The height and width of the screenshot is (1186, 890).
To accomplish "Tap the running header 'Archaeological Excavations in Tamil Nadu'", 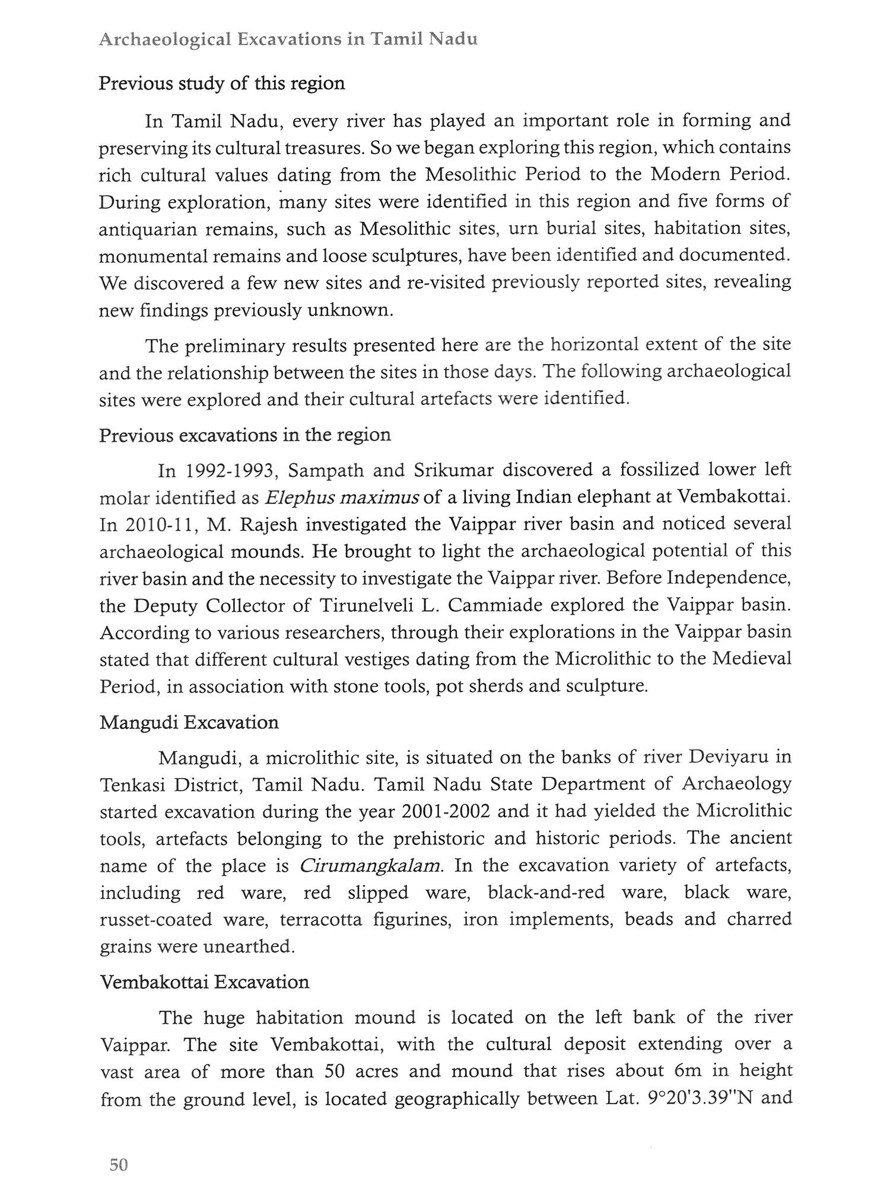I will point(288,40).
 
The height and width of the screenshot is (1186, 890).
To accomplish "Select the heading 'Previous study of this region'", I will point(221,83).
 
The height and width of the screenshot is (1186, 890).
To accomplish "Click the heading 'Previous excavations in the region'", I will point(245,435).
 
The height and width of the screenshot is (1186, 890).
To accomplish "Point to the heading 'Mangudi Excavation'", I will point(189,722).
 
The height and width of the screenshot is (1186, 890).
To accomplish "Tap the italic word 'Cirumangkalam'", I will point(371,866).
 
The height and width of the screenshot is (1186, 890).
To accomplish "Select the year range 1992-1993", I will point(229,470).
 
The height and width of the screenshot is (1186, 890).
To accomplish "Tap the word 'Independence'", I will point(728,578).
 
